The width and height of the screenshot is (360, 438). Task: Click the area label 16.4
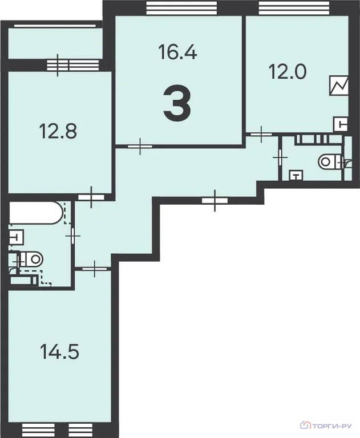pos(177,52)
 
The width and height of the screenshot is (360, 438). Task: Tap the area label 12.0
pos(288,71)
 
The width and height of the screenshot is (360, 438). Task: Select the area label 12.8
pos(58,131)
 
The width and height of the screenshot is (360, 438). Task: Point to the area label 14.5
pos(59,351)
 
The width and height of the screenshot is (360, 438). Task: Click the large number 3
pos(177,103)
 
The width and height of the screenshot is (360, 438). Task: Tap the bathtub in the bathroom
pos(36,213)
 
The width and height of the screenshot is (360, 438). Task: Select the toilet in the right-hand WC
pos(330,162)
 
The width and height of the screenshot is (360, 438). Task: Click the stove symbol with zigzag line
pos(339,86)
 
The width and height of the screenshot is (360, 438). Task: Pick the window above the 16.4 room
pos(182,8)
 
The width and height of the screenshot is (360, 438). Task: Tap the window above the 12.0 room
pos(294,8)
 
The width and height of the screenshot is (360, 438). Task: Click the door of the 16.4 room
pos(140,146)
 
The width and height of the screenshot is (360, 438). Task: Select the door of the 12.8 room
pos(91,197)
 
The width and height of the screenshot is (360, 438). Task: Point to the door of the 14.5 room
pos(95,269)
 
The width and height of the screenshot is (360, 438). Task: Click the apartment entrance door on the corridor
pos(215,200)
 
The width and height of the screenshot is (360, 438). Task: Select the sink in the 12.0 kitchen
pos(341,124)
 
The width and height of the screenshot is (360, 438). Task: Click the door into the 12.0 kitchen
pos(261,135)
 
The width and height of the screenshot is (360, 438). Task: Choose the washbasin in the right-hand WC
pos(296,176)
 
